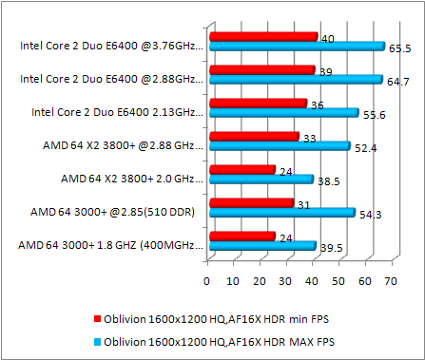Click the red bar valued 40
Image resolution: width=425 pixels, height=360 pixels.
[262, 37]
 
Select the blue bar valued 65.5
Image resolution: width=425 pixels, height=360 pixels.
[296, 46]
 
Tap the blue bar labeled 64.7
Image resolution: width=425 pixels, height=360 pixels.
[295, 79]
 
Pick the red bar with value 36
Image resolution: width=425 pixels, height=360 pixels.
[257, 104]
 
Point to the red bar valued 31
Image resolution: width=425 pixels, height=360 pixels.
[250, 203]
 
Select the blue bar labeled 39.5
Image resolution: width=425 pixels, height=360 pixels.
[261, 246]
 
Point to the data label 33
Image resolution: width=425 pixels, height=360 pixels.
[310, 139]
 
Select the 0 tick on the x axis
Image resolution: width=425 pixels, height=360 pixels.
[206, 281]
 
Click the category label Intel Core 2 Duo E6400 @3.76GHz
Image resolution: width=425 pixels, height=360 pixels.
[111, 45]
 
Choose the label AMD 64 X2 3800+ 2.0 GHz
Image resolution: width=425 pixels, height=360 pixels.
[131, 178]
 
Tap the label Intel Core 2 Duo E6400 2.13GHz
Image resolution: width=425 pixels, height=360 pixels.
[116, 111]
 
